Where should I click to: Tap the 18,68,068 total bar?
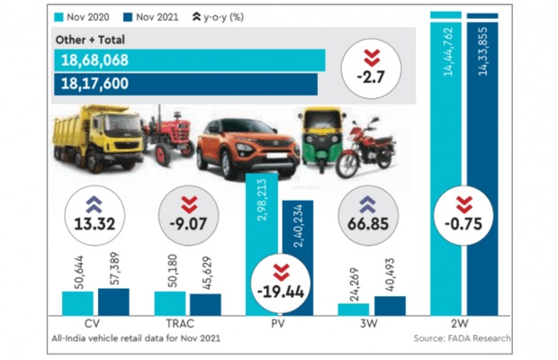coord(190,60)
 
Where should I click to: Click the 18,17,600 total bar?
coord(185,83)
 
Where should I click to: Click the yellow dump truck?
coord(100,137)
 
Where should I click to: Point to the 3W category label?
coord(369,322)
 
